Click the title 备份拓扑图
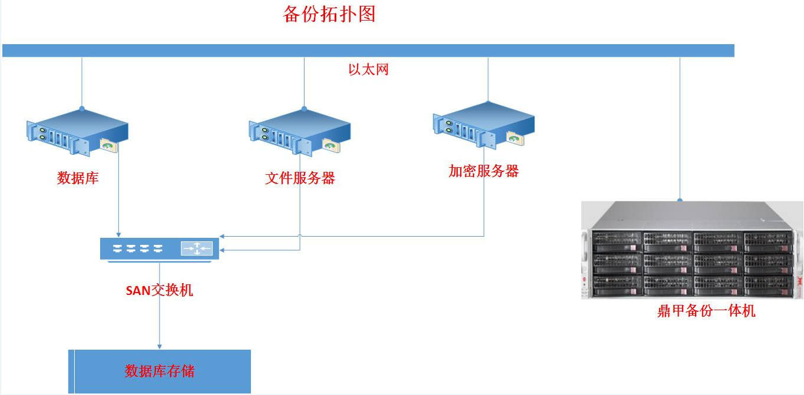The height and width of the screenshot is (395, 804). click(x=329, y=14)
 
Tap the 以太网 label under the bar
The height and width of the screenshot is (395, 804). click(x=368, y=69)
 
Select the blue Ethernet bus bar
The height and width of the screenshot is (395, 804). click(x=368, y=51)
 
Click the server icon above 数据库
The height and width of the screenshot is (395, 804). click(x=77, y=132)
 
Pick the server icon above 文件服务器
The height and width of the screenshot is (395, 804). click(x=299, y=132)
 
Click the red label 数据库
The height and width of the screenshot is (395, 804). click(x=78, y=178)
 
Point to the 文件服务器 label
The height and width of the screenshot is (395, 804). click(x=300, y=178)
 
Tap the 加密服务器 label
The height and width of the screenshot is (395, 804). click(x=484, y=171)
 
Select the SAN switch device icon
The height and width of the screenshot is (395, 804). click(x=160, y=248)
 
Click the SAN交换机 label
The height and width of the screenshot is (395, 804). click(x=160, y=290)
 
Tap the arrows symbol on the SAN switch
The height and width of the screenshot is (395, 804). click(x=197, y=249)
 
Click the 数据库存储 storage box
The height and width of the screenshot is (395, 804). click(x=160, y=371)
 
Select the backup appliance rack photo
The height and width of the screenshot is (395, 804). click(x=692, y=250)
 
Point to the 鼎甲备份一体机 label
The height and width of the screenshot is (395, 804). click(x=706, y=311)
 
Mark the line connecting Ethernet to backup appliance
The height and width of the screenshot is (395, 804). click(x=680, y=130)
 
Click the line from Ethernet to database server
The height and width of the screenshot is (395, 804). click(x=82, y=82)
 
